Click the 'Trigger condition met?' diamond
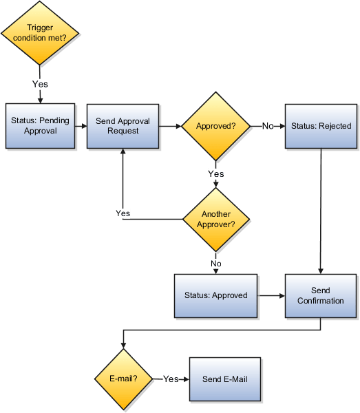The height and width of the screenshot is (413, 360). click(40, 32)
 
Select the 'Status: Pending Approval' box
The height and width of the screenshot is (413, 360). click(40, 125)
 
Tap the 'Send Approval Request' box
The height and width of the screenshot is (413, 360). click(122, 126)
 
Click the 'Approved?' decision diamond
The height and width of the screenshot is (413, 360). click(215, 126)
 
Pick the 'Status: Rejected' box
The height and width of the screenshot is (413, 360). click(321, 126)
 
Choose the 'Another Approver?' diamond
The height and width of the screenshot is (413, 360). click(216, 219)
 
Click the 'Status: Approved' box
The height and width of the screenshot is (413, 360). click(215, 295)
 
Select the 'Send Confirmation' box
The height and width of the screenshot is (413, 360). click(320, 295)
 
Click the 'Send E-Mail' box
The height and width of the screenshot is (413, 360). click(225, 379)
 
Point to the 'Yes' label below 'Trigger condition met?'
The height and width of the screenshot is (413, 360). click(40, 84)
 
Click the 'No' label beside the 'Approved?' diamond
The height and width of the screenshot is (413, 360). click(268, 127)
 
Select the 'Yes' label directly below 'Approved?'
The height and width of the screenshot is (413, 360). click(216, 174)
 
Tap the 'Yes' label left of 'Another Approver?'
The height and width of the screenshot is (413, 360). click(123, 213)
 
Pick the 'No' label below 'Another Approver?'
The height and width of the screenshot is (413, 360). click(216, 263)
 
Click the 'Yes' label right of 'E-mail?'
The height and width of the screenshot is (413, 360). click(170, 379)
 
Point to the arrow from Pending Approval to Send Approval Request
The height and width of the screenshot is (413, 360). click(80, 126)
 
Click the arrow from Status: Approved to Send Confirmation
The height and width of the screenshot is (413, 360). click(271, 296)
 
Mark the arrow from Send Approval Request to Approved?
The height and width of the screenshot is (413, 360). click(169, 126)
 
